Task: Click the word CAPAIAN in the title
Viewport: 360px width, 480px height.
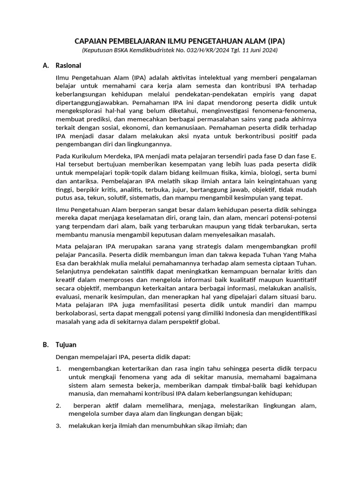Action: [91, 41]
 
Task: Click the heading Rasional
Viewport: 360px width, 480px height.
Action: [68, 66]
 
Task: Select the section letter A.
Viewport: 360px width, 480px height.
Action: [45, 66]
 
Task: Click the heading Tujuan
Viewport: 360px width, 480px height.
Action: [66, 345]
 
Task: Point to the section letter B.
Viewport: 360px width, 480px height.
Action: [45, 345]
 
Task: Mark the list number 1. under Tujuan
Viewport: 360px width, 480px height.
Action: [59, 368]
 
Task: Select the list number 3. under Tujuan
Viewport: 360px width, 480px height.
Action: [59, 426]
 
